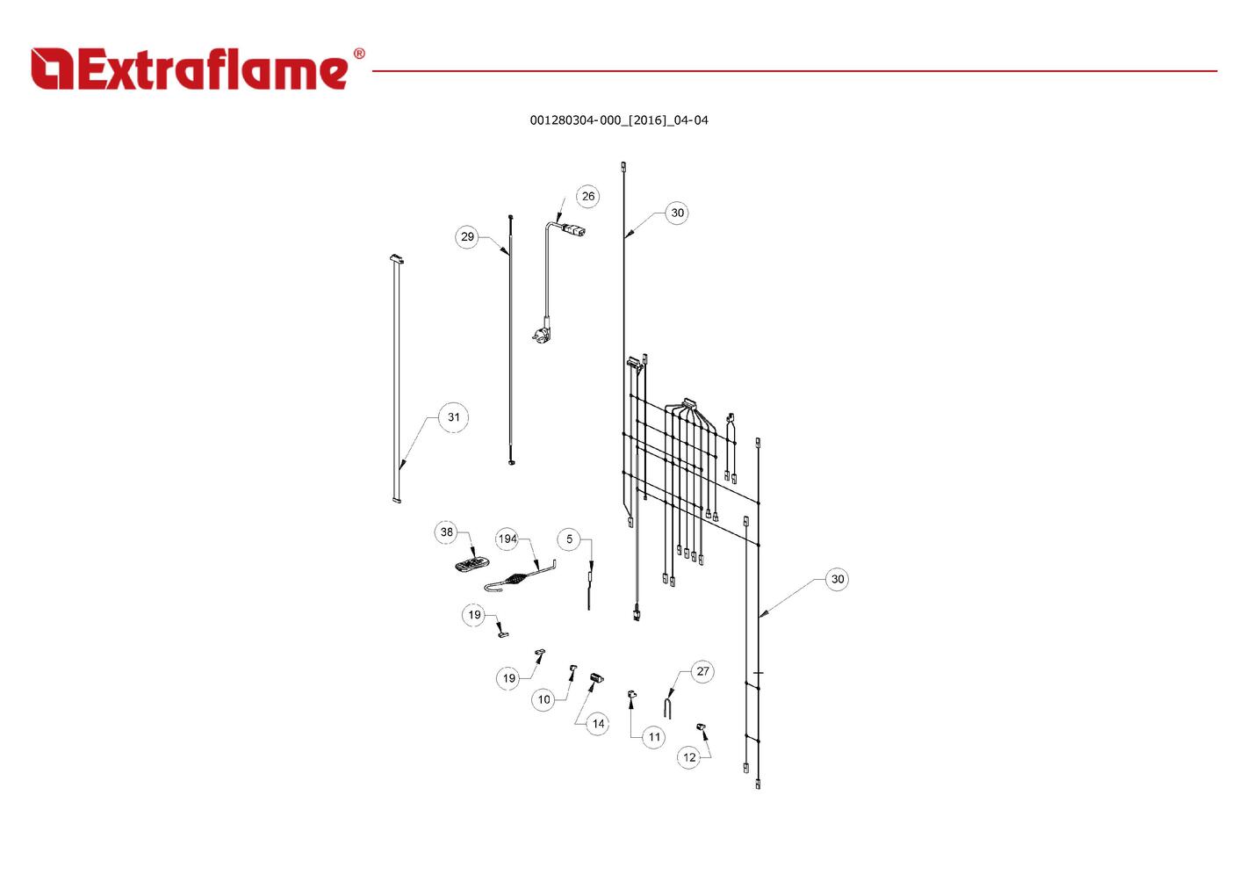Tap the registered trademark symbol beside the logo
click(x=358, y=54)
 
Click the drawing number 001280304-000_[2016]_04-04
click(x=618, y=120)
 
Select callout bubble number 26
click(x=587, y=196)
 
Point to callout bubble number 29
click(x=467, y=236)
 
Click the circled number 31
click(x=453, y=417)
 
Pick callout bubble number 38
click(x=447, y=532)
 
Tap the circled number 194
click(x=507, y=539)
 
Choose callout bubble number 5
click(x=569, y=539)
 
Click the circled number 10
click(x=543, y=699)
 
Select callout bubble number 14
click(x=598, y=724)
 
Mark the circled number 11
click(x=654, y=737)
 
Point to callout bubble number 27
click(x=702, y=672)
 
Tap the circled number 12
click(x=689, y=757)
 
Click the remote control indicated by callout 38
click(x=472, y=564)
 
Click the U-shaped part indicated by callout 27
click(x=668, y=705)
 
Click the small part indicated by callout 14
click(x=597, y=678)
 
